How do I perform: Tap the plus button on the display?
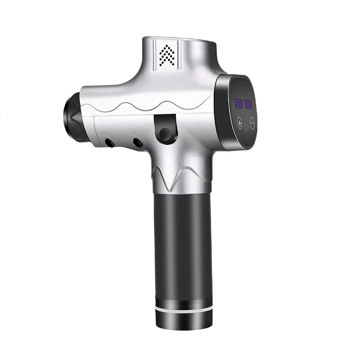240,123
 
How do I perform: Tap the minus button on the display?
252,123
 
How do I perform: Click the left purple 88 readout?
238,104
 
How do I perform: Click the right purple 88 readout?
248,104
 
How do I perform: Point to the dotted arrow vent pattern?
167,55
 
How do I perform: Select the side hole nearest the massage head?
109,143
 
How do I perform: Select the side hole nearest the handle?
138,143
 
